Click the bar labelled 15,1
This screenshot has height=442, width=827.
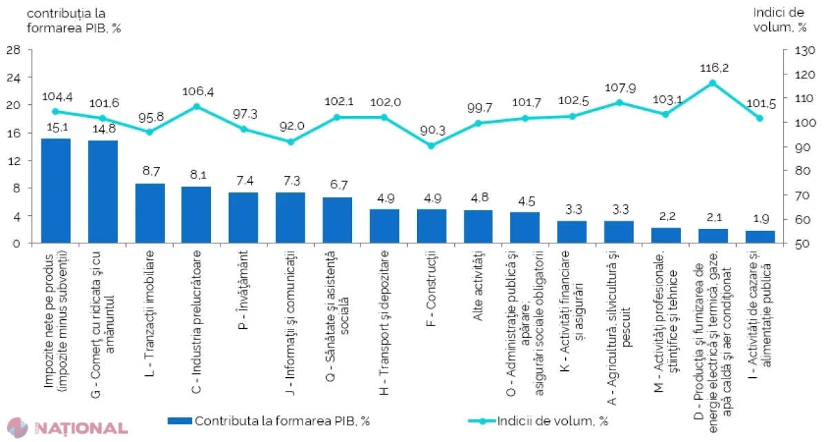pos(56,190)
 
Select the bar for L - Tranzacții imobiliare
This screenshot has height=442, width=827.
pos(150,213)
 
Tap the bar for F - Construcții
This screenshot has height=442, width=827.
pos(431,226)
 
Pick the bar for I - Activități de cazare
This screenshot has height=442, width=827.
pos(760,237)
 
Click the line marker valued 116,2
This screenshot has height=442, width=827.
pos(713,83)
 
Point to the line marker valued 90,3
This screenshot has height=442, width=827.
pos(431,145)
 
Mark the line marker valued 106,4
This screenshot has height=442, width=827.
pos(197,107)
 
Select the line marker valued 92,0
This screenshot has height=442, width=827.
pos(291,141)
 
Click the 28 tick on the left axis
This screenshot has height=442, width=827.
pos(13,50)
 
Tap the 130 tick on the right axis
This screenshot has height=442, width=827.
pos(805,50)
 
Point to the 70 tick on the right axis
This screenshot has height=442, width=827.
pos(802,195)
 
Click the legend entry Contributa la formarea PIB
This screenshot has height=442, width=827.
pos(268,421)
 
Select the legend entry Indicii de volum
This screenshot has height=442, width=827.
pos(538,421)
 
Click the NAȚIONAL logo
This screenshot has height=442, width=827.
pos(68,428)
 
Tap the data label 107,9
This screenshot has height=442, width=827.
pos(620,88)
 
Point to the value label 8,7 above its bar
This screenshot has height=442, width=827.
pos(152,171)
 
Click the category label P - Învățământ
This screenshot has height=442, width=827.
pos(244,290)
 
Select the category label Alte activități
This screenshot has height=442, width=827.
pos(478,285)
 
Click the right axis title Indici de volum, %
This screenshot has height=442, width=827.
pos(779,20)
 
